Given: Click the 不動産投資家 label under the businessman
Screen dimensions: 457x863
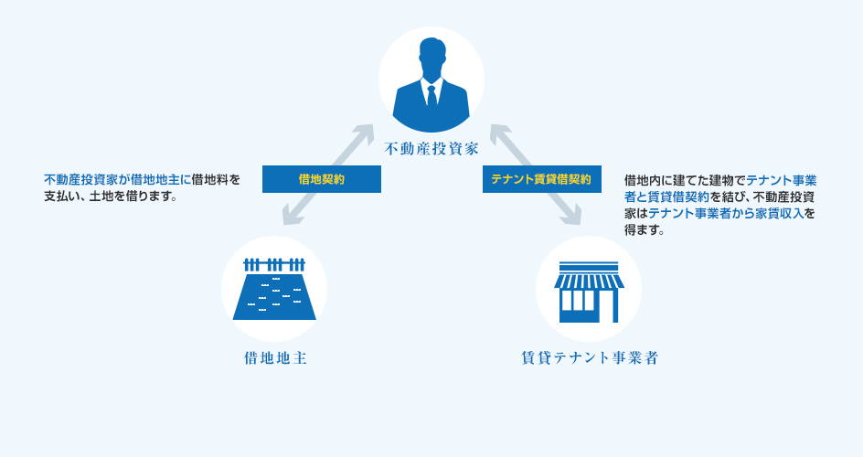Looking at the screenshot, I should pos(431,147).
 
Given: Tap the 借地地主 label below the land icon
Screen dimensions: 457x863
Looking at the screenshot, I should pos(274,357).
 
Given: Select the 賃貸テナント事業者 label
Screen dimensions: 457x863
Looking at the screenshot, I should pos(588,357).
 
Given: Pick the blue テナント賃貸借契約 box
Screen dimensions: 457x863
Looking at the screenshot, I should pos(541,179).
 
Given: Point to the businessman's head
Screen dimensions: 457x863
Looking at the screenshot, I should pos(431,57).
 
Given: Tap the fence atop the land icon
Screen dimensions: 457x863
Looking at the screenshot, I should pos(274,265).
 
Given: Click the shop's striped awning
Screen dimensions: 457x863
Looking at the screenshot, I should pos(589,280).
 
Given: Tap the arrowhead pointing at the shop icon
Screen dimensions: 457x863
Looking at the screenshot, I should pos(574,218).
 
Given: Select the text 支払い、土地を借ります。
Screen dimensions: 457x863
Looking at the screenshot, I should pos(110,197).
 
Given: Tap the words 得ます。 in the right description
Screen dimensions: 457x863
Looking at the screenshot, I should pos(644,230).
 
